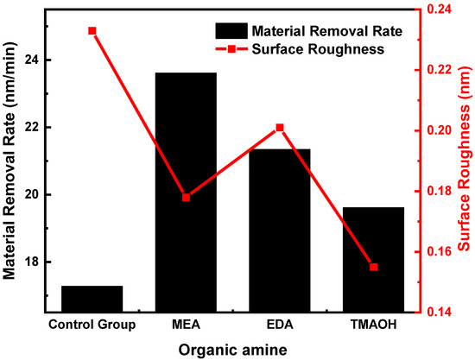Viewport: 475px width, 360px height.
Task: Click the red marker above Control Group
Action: [92, 31]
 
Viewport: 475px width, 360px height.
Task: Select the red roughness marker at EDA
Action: [280, 128]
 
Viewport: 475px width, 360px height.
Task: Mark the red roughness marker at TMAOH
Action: [374, 267]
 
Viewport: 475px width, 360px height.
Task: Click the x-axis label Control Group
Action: [92, 325]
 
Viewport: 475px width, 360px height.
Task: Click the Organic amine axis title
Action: [233, 348]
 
